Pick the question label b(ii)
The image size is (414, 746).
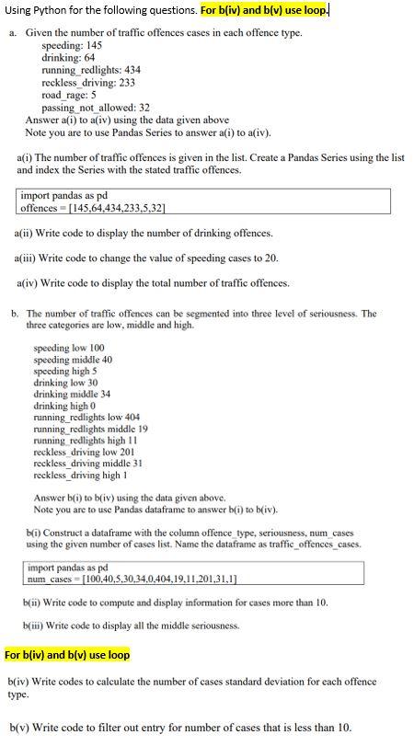33,602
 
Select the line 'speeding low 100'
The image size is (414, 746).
68,348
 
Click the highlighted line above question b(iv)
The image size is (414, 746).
67,655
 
